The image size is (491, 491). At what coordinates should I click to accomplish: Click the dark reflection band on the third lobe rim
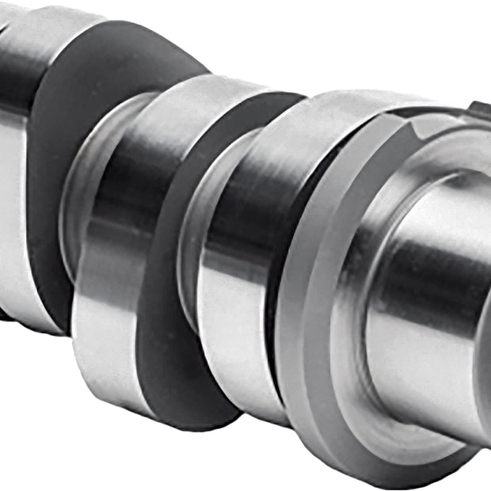pyautogui.click(x=238, y=206)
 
